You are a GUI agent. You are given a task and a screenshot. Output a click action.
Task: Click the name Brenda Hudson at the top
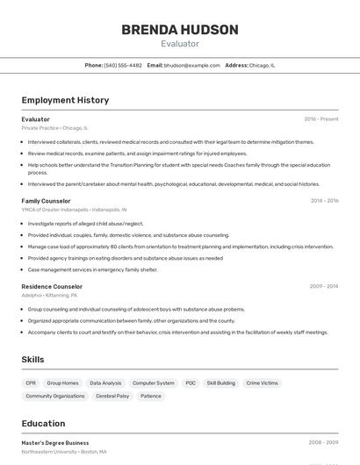click(x=180, y=30)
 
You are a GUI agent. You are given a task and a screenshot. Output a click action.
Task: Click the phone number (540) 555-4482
click(x=123, y=65)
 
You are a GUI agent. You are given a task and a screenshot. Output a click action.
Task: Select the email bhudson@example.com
click(x=191, y=65)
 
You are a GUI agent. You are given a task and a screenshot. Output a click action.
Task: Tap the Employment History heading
click(x=65, y=100)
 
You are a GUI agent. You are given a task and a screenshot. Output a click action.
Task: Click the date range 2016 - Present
click(x=320, y=119)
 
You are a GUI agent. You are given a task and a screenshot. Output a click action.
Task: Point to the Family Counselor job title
click(x=46, y=201)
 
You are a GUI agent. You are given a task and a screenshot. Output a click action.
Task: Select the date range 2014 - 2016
click(x=324, y=201)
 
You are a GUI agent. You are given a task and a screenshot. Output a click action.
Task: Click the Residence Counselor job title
click(x=52, y=286)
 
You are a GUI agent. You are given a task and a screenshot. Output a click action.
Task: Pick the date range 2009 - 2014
click(x=324, y=286)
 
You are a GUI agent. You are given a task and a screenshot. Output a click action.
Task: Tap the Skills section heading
click(x=32, y=360)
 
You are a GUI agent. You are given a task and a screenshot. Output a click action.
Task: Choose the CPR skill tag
click(x=31, y=383)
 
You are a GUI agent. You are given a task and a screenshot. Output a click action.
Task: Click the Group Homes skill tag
click(x=62, y=383)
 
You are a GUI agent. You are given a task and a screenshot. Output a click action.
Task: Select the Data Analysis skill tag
click(x=105, y=383)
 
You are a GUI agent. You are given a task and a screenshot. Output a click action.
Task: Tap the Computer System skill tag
click(x=153, y=383)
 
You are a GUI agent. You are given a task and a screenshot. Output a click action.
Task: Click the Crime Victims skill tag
click(x=262, y=383)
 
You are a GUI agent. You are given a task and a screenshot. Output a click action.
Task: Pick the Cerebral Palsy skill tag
click(x=112, y=397)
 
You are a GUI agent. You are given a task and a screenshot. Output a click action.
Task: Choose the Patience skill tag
click(x=151, y=397)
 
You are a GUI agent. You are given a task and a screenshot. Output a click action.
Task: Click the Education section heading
click(x=43, y=423)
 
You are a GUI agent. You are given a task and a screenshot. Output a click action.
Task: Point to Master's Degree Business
click(x=55, y=443)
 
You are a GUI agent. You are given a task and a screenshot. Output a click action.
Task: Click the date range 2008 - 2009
click(x=324, y=443)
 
